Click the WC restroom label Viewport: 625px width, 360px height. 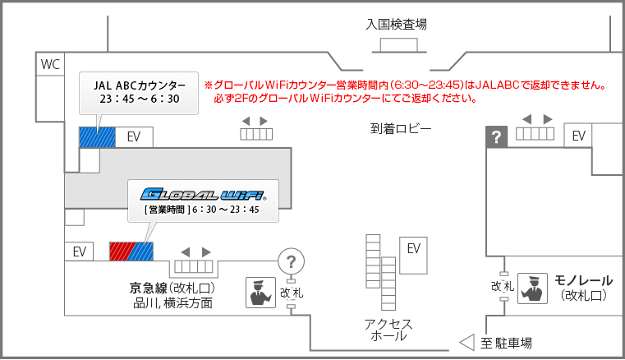(51, 64)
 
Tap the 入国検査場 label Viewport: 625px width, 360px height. (396, 25)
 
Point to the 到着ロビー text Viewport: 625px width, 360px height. (400, 129)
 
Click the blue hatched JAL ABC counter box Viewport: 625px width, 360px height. (97, 137)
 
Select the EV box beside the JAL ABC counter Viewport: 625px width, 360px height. (133, 137)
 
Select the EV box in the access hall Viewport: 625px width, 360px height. (413, 248)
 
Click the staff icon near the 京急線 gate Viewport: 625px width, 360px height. (260, 292)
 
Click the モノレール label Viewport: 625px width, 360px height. (584, 280)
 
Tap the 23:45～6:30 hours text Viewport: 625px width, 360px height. (140, 100)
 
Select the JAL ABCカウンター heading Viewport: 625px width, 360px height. (140, 85)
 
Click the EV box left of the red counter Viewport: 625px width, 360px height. (80, 251)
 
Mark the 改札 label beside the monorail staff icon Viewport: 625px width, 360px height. (503, 286)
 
